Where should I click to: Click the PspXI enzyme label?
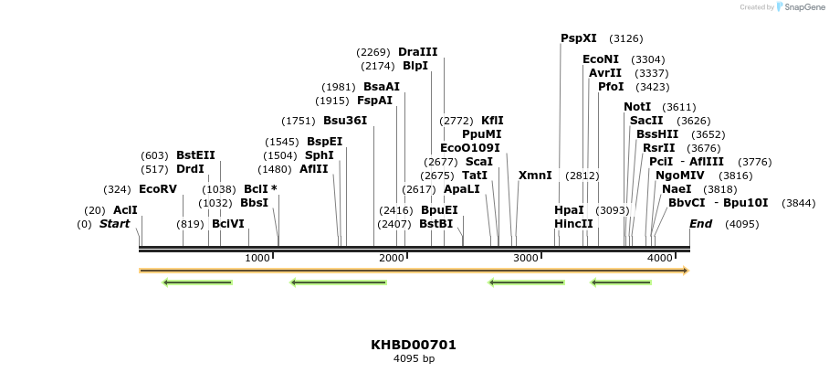coord(578,38)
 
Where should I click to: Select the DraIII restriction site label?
coord(417,52)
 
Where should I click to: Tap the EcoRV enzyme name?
coord(157,189)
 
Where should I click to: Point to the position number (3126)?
coord(625,38)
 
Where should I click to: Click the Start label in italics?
coord(114,224)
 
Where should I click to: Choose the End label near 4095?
coord(700,224)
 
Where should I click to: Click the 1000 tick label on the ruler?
coord(257,259)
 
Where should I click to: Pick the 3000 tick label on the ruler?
coord(526,259)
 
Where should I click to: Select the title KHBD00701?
coord(414,345)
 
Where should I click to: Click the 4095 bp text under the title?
coord(414,359)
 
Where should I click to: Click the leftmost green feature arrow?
coord(196,282)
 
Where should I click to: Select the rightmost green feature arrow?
coord(621,282)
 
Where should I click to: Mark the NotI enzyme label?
coord(637,107)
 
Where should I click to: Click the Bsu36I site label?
coord(345,121)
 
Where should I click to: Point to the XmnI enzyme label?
coord(535,176)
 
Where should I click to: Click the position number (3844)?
coord(799,203)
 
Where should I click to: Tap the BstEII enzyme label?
coord(195,155)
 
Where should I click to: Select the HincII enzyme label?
coord(573,224)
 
